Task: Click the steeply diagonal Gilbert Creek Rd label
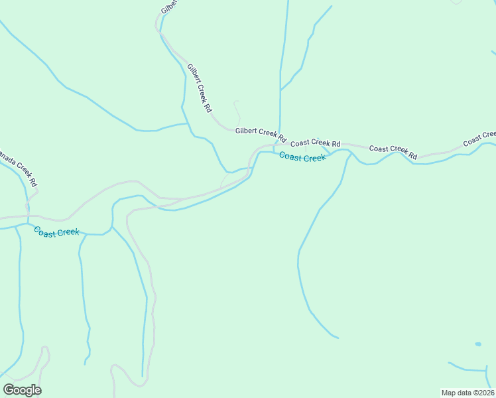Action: pyautogui.click(x=199, y=88)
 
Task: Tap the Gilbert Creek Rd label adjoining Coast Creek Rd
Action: pyautogui.click(x=260, y=135)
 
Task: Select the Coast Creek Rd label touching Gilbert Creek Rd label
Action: pyautogui.click(x=315, y=143)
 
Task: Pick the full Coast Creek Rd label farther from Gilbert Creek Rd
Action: pyautogui.click(x=393, y=152)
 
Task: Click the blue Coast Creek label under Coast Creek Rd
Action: pyautogui.click(x=302, y=157)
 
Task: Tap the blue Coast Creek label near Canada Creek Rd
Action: pyautogui.click(x=56, y=232)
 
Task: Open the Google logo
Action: pyautogui.click(x=22, y=390)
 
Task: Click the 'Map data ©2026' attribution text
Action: pyautogui.click(x=467, y=392)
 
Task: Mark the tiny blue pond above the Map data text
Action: pyautogui.click(x=478, y=344)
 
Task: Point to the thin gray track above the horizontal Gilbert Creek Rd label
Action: pyautogui.click(x=237, y=111)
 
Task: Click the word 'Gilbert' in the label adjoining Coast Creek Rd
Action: pyautogui.click(x=247, y=131)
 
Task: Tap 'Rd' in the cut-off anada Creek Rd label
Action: pyautogui.click(x=32, y=180)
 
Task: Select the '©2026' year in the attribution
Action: pyautogui.click(x=482, y=392)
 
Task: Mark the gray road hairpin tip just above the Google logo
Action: pyautogui.click(x=45, y=348)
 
